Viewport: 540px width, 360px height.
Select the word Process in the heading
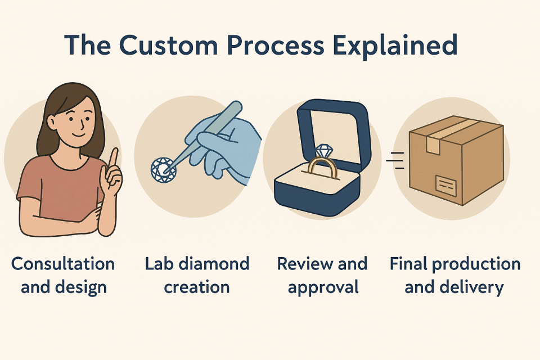[x=276, y=45]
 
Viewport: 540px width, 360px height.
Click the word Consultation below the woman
[x=63, y=264]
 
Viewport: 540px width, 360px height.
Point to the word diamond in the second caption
[x=214, y=264]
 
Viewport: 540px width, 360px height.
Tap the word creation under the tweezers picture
[x=197, y=287]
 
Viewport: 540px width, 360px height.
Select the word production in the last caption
[x=476, y=264]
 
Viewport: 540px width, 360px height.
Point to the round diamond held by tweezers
[x=163, y=169]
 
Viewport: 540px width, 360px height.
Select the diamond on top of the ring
[x=324, y=151]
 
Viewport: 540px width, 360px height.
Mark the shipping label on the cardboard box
[x=446, y=186]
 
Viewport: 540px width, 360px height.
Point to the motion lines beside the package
[x=395, y=160]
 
